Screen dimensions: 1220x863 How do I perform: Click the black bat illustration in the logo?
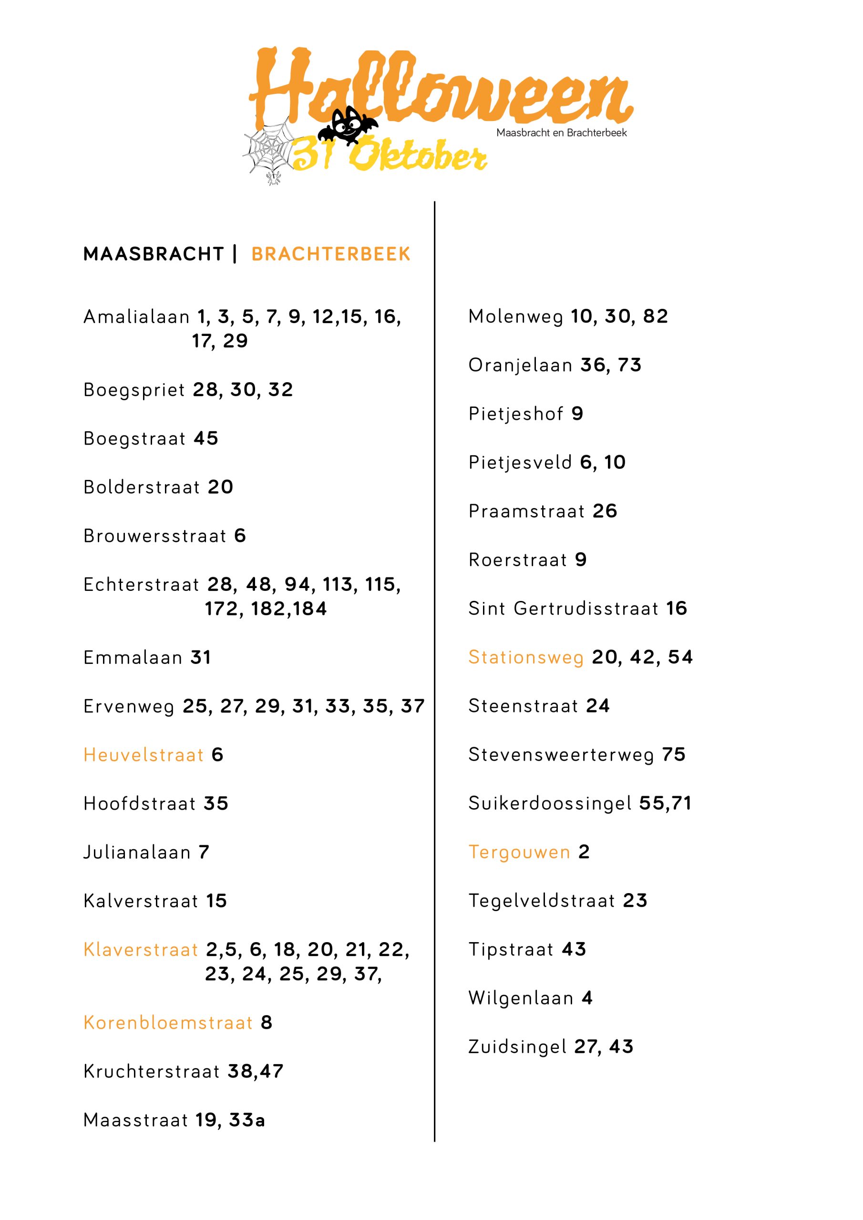pos(348,126)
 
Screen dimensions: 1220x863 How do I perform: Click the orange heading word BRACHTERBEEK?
pos(331,254)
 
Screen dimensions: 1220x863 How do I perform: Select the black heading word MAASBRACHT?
pos(154,254)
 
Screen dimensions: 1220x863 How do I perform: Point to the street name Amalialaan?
pos(137,317)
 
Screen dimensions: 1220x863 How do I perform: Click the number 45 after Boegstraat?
pos(206,438)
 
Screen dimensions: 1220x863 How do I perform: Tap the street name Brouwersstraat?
pos(155,536)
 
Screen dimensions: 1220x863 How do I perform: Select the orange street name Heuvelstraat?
pos(144,754)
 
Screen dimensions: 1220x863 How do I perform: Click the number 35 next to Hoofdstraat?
pos(216,803)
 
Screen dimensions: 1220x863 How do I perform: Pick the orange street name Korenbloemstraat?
pos(168,1022)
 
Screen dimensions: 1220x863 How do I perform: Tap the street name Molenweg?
pos(516,317)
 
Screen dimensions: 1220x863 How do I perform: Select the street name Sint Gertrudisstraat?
pos(564,609)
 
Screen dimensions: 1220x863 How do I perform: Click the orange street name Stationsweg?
pos(526,657)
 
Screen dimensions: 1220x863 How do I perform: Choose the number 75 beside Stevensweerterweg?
pos(674,754)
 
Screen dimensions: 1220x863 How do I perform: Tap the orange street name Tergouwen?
pos(520,852)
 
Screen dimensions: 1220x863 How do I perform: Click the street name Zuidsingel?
pos(517,1047)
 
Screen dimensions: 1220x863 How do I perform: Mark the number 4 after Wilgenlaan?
pos(587,998)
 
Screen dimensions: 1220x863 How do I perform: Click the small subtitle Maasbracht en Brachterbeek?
pos(562,133)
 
